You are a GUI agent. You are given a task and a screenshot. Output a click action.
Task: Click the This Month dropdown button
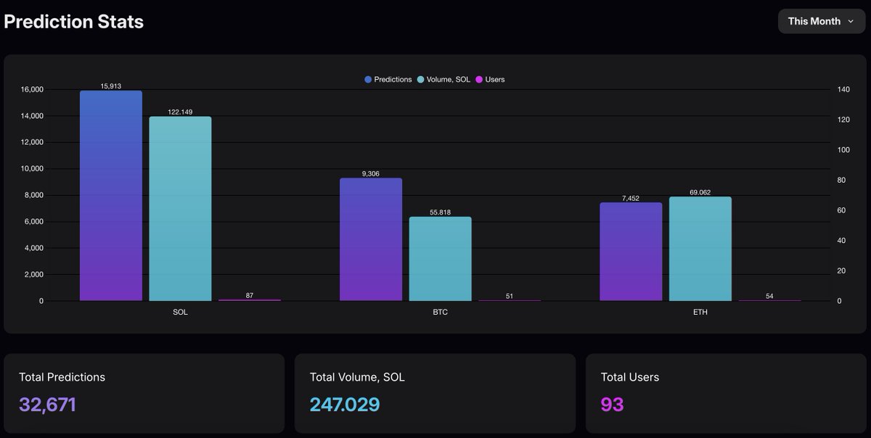coord(821,22)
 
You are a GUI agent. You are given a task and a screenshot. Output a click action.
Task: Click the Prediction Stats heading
coord(73,22)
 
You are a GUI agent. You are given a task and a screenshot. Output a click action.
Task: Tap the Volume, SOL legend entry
coord(443,79)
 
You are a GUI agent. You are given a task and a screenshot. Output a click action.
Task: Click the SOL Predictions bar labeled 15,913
coord(111,196)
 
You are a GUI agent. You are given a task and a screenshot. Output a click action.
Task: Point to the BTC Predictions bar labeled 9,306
coord(371,239)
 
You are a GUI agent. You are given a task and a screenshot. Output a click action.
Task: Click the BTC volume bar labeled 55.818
coord(440,259)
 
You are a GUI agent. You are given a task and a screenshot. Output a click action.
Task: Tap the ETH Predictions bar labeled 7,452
coord(631,252)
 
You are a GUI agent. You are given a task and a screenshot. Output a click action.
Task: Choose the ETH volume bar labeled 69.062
coord(700,249)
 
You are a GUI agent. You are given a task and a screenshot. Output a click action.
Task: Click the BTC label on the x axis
coord(441,313)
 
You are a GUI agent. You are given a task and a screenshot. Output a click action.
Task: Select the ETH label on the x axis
coord(700,313)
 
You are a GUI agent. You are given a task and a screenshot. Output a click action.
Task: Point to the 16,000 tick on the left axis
coord(32,90)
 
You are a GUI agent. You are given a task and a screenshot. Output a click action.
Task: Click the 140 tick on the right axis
coord(843,90)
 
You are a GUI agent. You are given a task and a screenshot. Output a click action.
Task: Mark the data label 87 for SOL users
coord(250,295)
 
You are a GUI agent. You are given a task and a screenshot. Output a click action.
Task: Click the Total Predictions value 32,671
coord(47,405)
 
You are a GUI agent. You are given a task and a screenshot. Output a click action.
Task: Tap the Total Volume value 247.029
coord(345,405)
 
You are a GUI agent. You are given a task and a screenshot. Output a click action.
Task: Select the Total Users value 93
coord(612,405)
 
